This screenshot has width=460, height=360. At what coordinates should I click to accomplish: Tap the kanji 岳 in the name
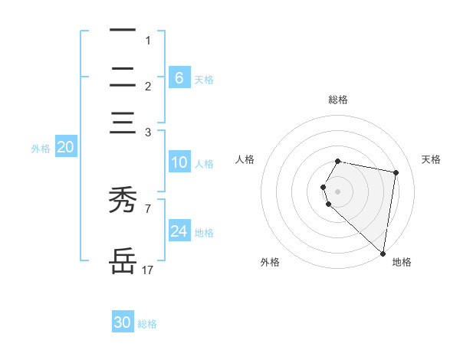point(123,261)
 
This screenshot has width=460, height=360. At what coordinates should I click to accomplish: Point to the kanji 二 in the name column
point(123,77)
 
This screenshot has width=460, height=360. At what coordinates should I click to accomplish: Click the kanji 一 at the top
point(123,31)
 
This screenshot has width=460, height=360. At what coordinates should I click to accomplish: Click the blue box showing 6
point(179,77)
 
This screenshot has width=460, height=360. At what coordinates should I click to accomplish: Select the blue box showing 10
point(179,162)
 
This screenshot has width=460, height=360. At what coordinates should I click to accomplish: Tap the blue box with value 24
point(179,231)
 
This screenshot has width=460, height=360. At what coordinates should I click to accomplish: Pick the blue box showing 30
point(123,322)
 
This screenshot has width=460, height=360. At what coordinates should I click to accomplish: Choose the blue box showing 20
point(65,148)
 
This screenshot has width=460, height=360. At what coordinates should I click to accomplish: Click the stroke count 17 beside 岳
point(148,270)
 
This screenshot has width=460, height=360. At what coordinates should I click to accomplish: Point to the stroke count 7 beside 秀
point(148,208)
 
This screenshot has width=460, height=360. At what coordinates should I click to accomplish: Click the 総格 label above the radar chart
point(338,100)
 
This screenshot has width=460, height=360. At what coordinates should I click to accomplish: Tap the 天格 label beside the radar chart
point(432,159)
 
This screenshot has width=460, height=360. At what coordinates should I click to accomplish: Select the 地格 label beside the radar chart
point(402,262)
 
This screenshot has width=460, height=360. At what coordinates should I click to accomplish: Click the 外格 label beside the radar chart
point(270,262)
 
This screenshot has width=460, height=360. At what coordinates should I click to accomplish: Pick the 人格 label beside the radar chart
point(245,159)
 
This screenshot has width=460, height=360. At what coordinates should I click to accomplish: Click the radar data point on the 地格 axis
point(383,253)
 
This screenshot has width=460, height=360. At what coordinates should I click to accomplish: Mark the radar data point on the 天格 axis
point(396,173)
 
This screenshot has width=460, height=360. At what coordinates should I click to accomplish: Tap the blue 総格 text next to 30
point(148,324)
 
